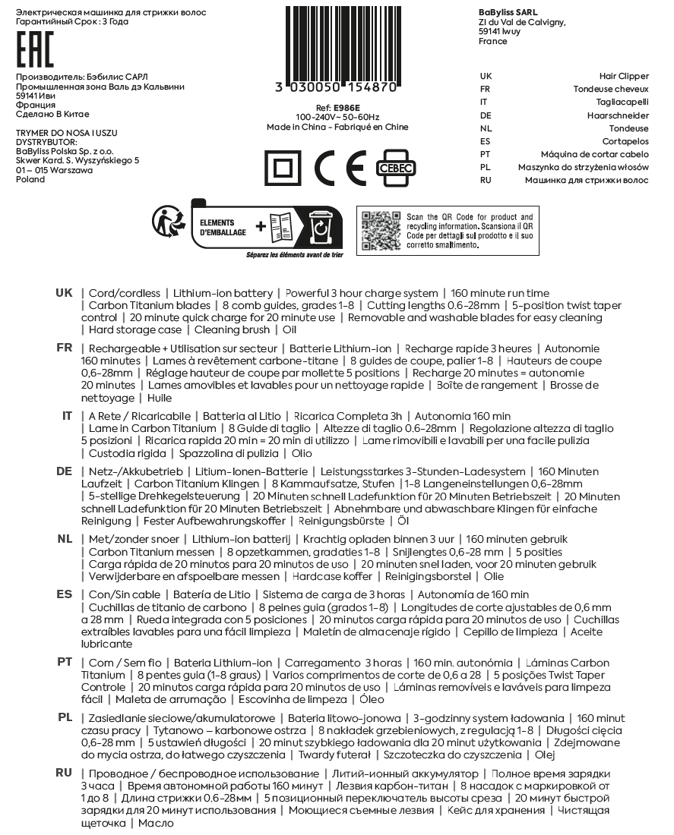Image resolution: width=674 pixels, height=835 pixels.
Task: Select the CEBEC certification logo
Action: [x=393, y=168]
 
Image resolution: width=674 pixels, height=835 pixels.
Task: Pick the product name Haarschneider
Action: [x=618, y=115]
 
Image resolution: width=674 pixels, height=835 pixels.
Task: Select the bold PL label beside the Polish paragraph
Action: [x=65, y=717]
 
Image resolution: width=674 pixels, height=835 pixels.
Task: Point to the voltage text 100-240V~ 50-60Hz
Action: [x=337, y=118]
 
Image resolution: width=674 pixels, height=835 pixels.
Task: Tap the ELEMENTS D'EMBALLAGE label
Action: [x=222, y=228]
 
